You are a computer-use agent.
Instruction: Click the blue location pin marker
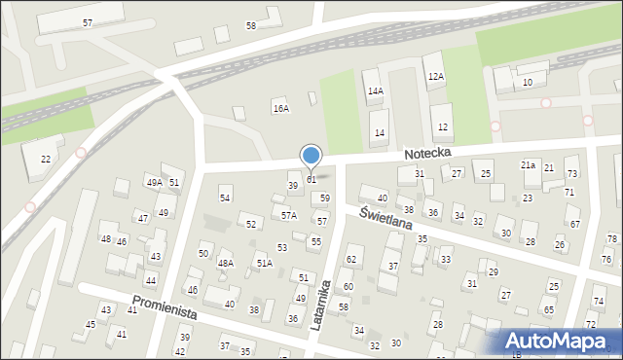coord(311,156)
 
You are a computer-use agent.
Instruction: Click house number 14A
coord(375,90)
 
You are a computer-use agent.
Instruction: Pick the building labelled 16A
coord(280,108)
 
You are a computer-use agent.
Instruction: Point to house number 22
coord(45,159)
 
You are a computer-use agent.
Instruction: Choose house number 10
coord(527,82)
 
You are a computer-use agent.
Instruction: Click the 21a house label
coord(528,165)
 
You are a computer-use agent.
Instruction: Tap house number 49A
coord(154,182)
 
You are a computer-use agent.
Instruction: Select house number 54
coord(225,198)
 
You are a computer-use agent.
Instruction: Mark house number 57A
coord(289,215)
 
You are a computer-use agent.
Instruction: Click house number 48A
coord(225,263)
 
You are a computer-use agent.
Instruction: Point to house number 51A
coord(263,263)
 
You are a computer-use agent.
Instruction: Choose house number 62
coord(352,260)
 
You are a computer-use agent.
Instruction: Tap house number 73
coord(571,173)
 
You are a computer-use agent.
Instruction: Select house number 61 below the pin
coord(311,180)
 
